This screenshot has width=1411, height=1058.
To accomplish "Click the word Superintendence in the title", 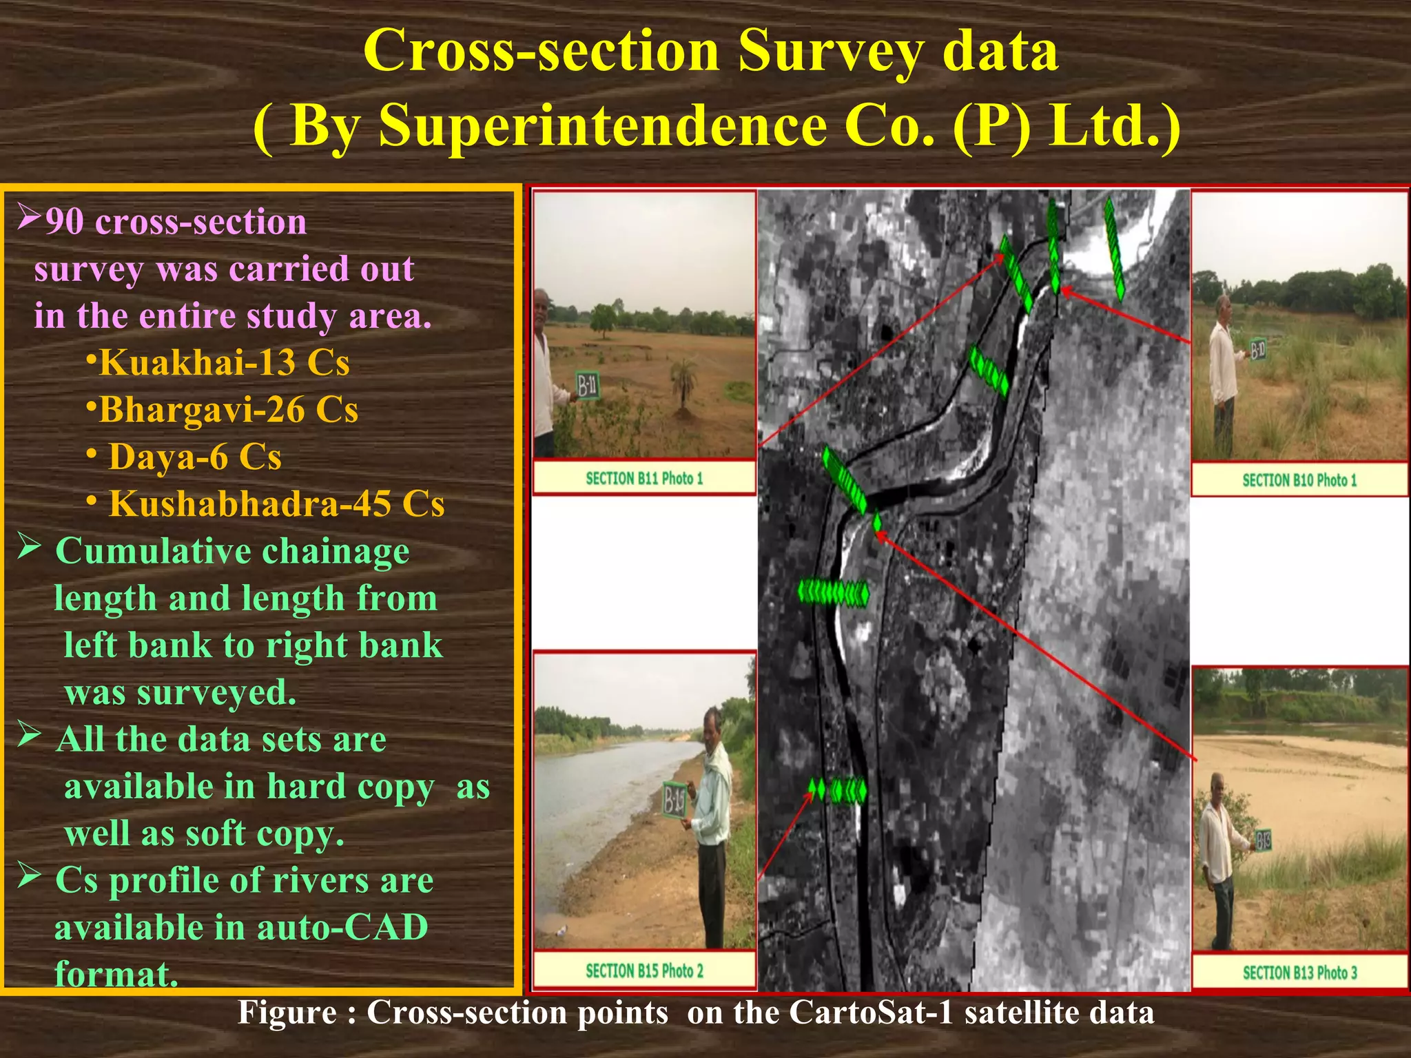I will pos(603,125).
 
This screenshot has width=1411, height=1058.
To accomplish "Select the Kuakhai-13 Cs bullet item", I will pos(225,362).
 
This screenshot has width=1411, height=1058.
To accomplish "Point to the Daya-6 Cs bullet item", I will pos(195,457).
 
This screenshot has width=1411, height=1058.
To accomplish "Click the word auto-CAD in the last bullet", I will pos(342,927).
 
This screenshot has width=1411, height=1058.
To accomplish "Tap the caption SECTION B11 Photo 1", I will pos(644,478).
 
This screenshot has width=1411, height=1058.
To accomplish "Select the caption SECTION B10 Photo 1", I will pos(1299,480).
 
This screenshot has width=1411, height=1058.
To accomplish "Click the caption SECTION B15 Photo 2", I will pos(644,971).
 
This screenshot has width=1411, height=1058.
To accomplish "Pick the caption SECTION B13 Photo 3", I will pos(1299,973).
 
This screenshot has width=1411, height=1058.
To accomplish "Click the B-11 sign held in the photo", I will pos(588,386).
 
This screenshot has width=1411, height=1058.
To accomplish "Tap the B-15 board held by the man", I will pos(674,800).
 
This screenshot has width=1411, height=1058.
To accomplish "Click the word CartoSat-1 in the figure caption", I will pos(872,1013).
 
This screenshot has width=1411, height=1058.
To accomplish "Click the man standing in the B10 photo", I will pos(1224,372).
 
